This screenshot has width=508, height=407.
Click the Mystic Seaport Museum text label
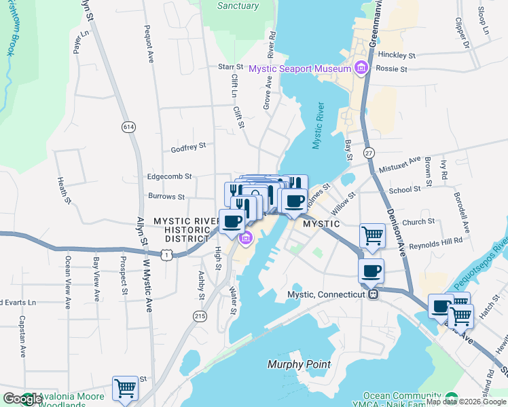tap(299, 69)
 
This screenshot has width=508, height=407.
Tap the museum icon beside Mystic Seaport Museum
tap(361, 68)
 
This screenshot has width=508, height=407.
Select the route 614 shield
tap(128, 127)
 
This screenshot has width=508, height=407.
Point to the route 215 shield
tap(200, 316)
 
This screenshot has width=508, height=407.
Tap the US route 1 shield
tap(166, 253)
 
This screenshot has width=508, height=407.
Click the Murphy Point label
tap(298, 364)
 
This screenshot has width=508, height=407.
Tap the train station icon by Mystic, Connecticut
tap(372, 294)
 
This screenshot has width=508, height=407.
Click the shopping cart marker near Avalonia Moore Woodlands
tap(125, 388)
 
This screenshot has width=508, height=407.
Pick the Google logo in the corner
tap(22, 399)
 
